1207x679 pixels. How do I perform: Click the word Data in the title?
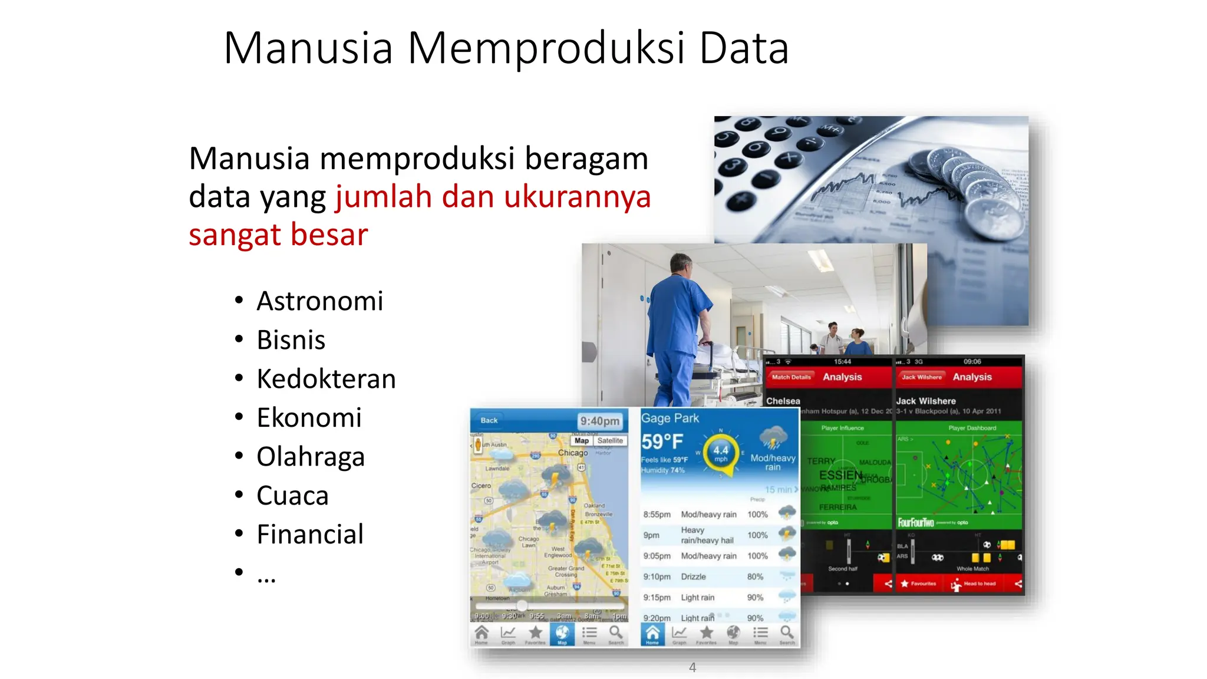744,48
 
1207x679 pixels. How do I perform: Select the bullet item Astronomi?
319,301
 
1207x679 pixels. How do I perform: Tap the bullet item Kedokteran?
326,379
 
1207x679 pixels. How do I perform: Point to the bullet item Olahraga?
311,457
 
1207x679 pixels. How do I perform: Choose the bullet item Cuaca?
292,496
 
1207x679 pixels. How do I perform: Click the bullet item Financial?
310,535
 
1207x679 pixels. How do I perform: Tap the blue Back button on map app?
489,420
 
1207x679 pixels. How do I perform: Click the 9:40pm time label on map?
599,421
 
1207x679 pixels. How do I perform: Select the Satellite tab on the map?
609,440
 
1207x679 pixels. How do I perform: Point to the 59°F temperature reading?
662,441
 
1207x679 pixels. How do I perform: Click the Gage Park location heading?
670,418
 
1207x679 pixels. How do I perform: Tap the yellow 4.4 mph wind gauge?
720,453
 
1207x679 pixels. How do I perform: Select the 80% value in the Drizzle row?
755,576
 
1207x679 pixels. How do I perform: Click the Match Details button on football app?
791,377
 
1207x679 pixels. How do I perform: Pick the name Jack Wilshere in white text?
926,401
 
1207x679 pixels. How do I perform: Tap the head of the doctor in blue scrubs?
681,265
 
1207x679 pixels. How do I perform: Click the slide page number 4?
692,667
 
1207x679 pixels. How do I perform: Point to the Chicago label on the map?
572,453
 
